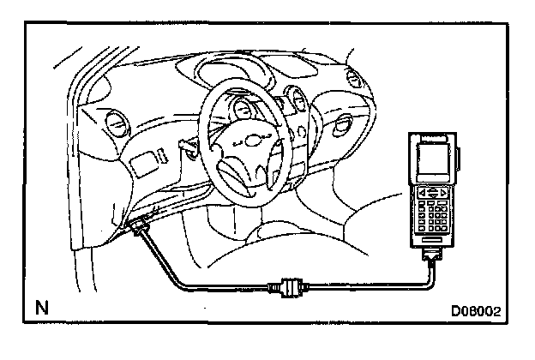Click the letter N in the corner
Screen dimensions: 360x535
click(41, 307)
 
